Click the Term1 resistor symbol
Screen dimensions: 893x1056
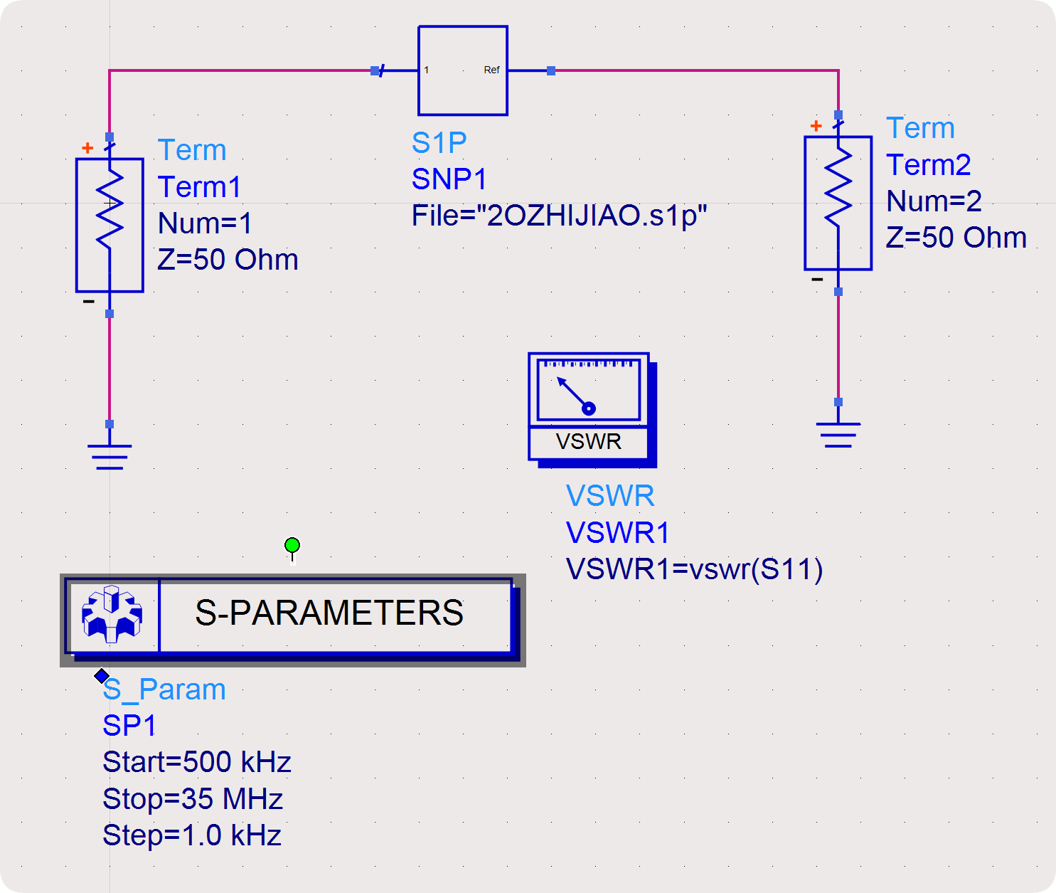coord(110,225)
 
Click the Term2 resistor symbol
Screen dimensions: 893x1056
coord(838,203)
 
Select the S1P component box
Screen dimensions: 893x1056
coord(463,70)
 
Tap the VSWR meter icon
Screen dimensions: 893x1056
coord(590,408)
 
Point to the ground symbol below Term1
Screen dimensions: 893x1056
coord(110,455)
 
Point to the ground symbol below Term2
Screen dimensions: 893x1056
coord(838,433)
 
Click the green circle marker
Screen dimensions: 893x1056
coord(292,546)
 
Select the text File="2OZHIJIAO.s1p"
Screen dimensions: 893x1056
coord(560,216)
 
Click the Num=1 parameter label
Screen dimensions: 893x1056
coord(206,223)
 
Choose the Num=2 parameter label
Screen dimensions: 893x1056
coord(934,201)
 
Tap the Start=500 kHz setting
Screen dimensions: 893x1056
coord(197,762)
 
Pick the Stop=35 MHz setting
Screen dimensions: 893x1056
coord(193,799)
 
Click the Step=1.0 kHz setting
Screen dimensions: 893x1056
coord(192,835)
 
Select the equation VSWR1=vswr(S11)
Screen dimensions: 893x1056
coord(694,569)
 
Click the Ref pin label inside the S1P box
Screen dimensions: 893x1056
coord(491,70)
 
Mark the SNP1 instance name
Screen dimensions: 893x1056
coord(449,179)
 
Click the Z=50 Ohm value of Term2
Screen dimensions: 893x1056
coord(956,238)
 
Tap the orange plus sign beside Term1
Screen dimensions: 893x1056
coord(87,148)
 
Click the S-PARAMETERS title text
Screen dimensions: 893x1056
coord(329,613)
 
